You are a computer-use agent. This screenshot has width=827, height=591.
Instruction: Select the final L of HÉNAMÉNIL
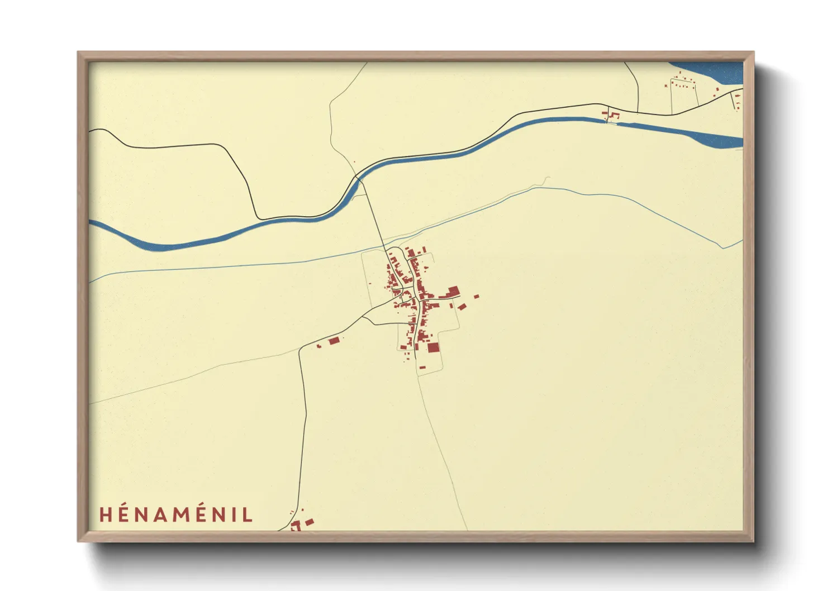pos(248,514)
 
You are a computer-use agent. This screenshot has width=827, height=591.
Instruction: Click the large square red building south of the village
pos(433,347)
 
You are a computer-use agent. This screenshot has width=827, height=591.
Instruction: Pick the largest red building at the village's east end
pos(453,290)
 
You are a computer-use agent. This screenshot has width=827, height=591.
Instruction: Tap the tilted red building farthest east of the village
pos(476,296)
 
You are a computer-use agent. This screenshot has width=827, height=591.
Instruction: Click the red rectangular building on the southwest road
pos(334,340)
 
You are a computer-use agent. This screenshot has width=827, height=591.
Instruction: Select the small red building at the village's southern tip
pos(422,367)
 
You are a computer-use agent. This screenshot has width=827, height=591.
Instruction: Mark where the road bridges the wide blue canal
pos(358,179)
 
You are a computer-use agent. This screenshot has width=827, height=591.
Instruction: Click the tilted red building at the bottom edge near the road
pos(309,522)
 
